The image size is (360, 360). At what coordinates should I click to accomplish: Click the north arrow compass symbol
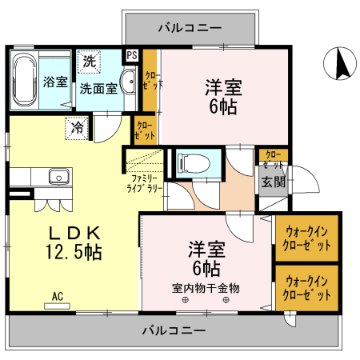(339, 63)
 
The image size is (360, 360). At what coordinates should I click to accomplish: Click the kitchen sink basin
(57, 178)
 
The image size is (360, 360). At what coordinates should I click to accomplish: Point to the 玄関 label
(272, 182)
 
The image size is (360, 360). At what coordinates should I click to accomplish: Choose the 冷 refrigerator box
(77, 126)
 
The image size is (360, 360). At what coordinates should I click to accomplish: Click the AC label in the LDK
(58, 296)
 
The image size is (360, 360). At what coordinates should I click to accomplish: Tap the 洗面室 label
(98, 88)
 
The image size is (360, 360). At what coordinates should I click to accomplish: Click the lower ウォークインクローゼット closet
(307, 287)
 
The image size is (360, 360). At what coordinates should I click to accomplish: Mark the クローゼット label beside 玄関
(272, 158)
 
